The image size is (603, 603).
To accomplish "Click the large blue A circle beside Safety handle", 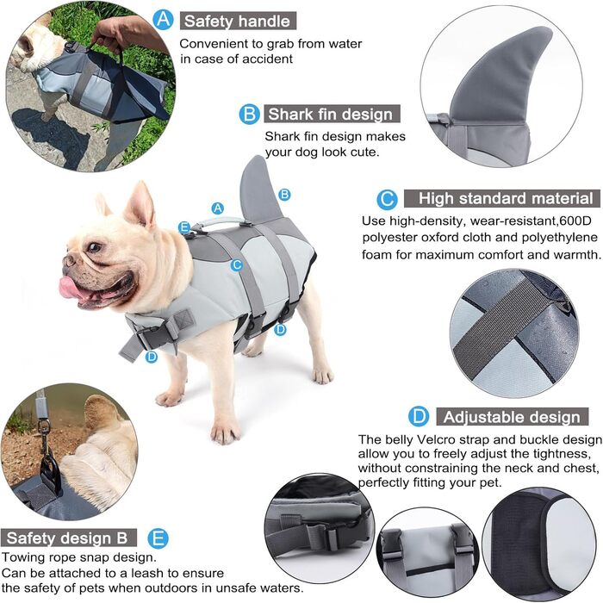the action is tap(163, 19).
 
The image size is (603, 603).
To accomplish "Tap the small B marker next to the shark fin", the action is tap(284, 194).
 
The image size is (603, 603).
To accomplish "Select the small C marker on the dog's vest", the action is tap(237, 265).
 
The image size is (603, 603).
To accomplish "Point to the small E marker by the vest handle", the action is tap(184, 227).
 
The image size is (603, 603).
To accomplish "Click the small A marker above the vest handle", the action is tap(218, 208).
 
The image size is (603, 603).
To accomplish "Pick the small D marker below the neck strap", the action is tap(152, 357).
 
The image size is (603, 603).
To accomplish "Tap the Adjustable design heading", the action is tap(512, 417).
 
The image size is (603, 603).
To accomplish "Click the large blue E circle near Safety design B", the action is tap(158, 538).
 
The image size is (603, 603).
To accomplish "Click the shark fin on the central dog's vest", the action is tap(258, 190).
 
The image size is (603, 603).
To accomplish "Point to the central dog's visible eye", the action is tap(94, 246).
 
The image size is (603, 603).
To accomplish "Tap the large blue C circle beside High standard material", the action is tap(387, 199).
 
